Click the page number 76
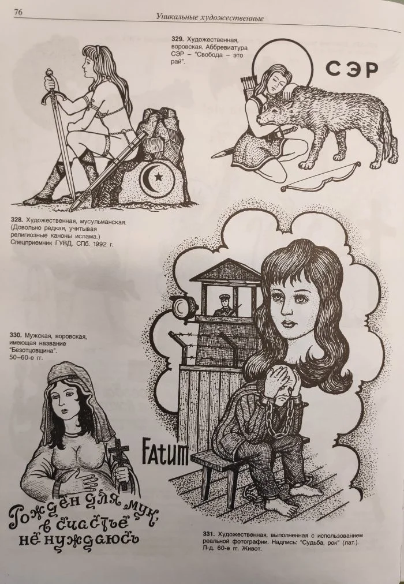[x=18, y=12]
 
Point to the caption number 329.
[x=177, y=38]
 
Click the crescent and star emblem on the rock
[x=154, y=177]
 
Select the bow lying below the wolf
[x=320, y=177]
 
